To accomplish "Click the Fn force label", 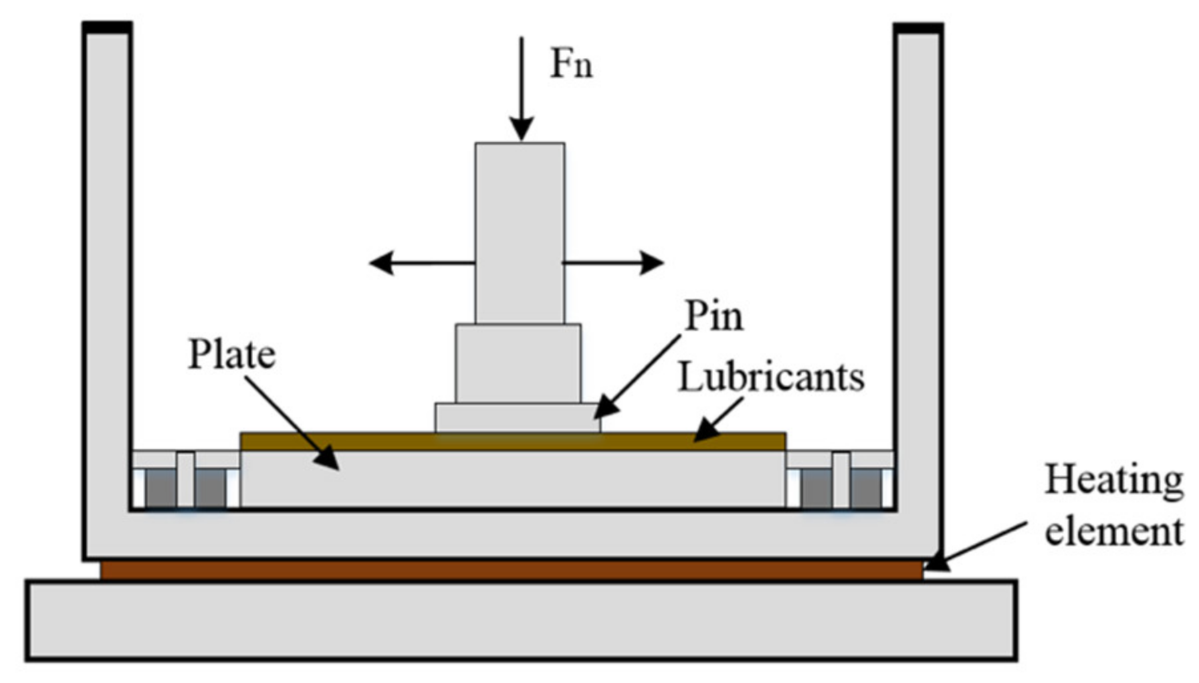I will point(571,65).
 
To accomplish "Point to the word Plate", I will point(231,354).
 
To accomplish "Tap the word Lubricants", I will point(771,377).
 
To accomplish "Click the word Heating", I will point(1113,480).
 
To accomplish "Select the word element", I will point(1113,532).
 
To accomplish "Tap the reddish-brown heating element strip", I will point(512,570).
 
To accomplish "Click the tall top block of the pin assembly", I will point(520,233).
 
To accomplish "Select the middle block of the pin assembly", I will point(518,363).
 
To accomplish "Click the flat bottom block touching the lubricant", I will point(517,418).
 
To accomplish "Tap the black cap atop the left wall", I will point(107,27).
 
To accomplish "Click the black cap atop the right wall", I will point(918,28).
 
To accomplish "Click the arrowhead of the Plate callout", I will point(329,460).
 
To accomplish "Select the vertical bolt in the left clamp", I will point(185,480).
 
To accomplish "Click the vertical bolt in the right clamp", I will point(841,480).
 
